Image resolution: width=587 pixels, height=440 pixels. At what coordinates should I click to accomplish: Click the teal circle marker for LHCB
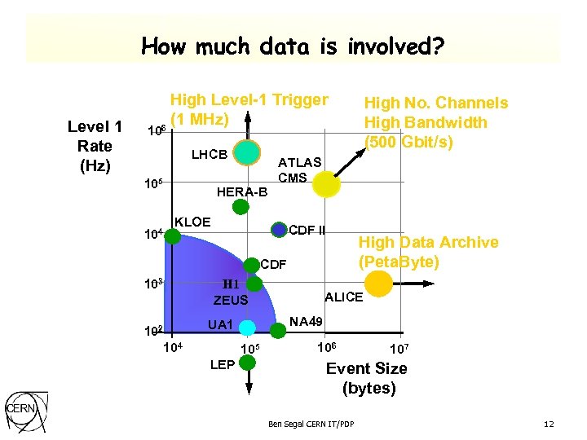pos(246,152)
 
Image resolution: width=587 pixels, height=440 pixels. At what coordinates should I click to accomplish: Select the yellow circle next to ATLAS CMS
pos(326,185)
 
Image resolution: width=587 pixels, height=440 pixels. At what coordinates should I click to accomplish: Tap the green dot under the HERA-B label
pos(239,207)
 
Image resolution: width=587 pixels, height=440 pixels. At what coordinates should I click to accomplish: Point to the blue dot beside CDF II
pos(280,230)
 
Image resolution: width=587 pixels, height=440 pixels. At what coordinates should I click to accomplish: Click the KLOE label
pos(192,222)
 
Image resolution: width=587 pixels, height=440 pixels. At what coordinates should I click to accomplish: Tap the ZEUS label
pos(231,301)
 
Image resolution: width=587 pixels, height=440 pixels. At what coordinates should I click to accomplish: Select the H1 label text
pos(231,285)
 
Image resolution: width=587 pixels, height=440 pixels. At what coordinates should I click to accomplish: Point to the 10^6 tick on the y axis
pos(156,130)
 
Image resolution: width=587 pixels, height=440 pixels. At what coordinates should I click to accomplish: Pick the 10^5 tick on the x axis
pos(249,350)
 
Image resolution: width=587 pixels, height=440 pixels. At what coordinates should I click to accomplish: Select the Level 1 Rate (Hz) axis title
pos(95,146)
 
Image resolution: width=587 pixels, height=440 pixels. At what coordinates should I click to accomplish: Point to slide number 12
pos(549,425)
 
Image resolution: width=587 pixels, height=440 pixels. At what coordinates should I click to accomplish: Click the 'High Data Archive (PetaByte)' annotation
pos(428,252)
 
